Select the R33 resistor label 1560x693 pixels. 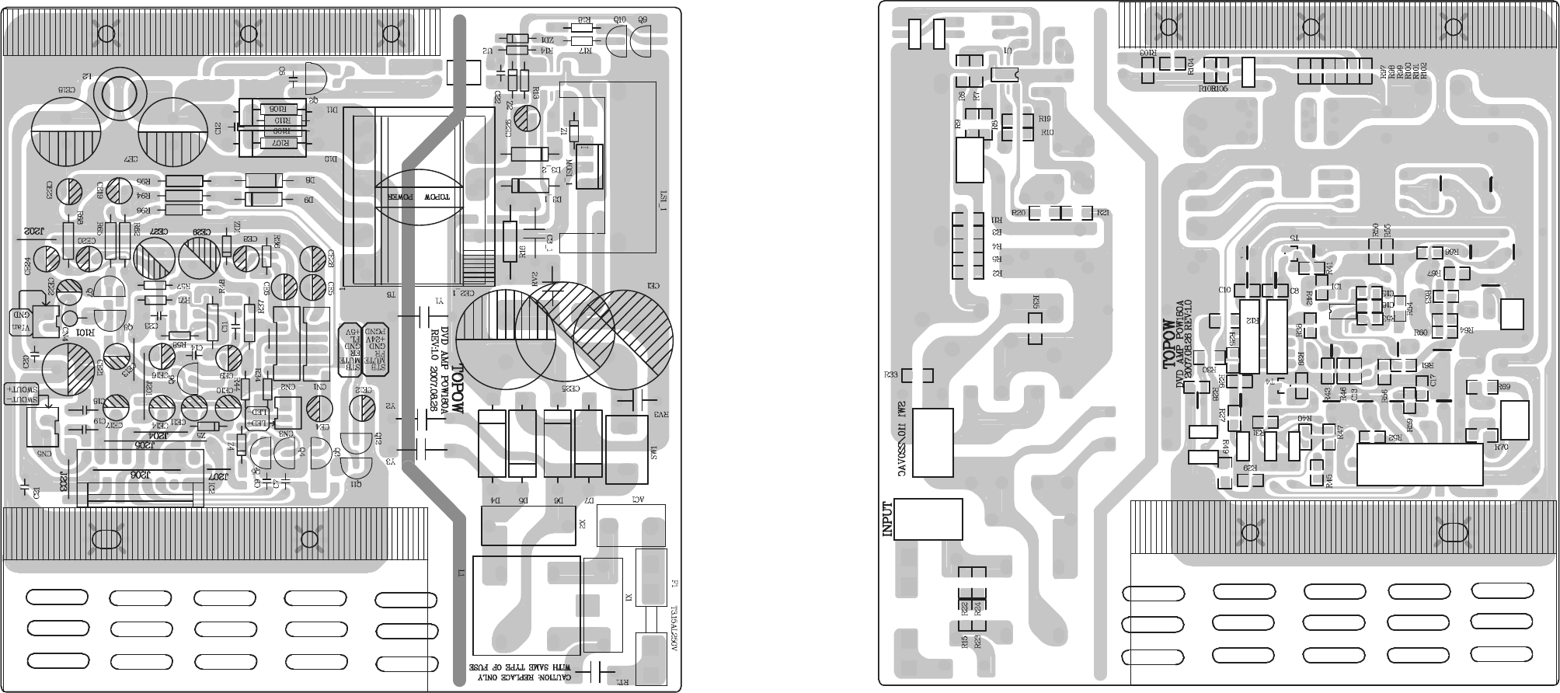[891, 374]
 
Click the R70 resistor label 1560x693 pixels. [1501, 447]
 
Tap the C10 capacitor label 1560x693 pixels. [1224, 290]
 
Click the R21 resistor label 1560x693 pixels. [1102, 213]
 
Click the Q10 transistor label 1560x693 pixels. [619, 18]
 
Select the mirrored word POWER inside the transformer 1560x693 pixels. [398, 197]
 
